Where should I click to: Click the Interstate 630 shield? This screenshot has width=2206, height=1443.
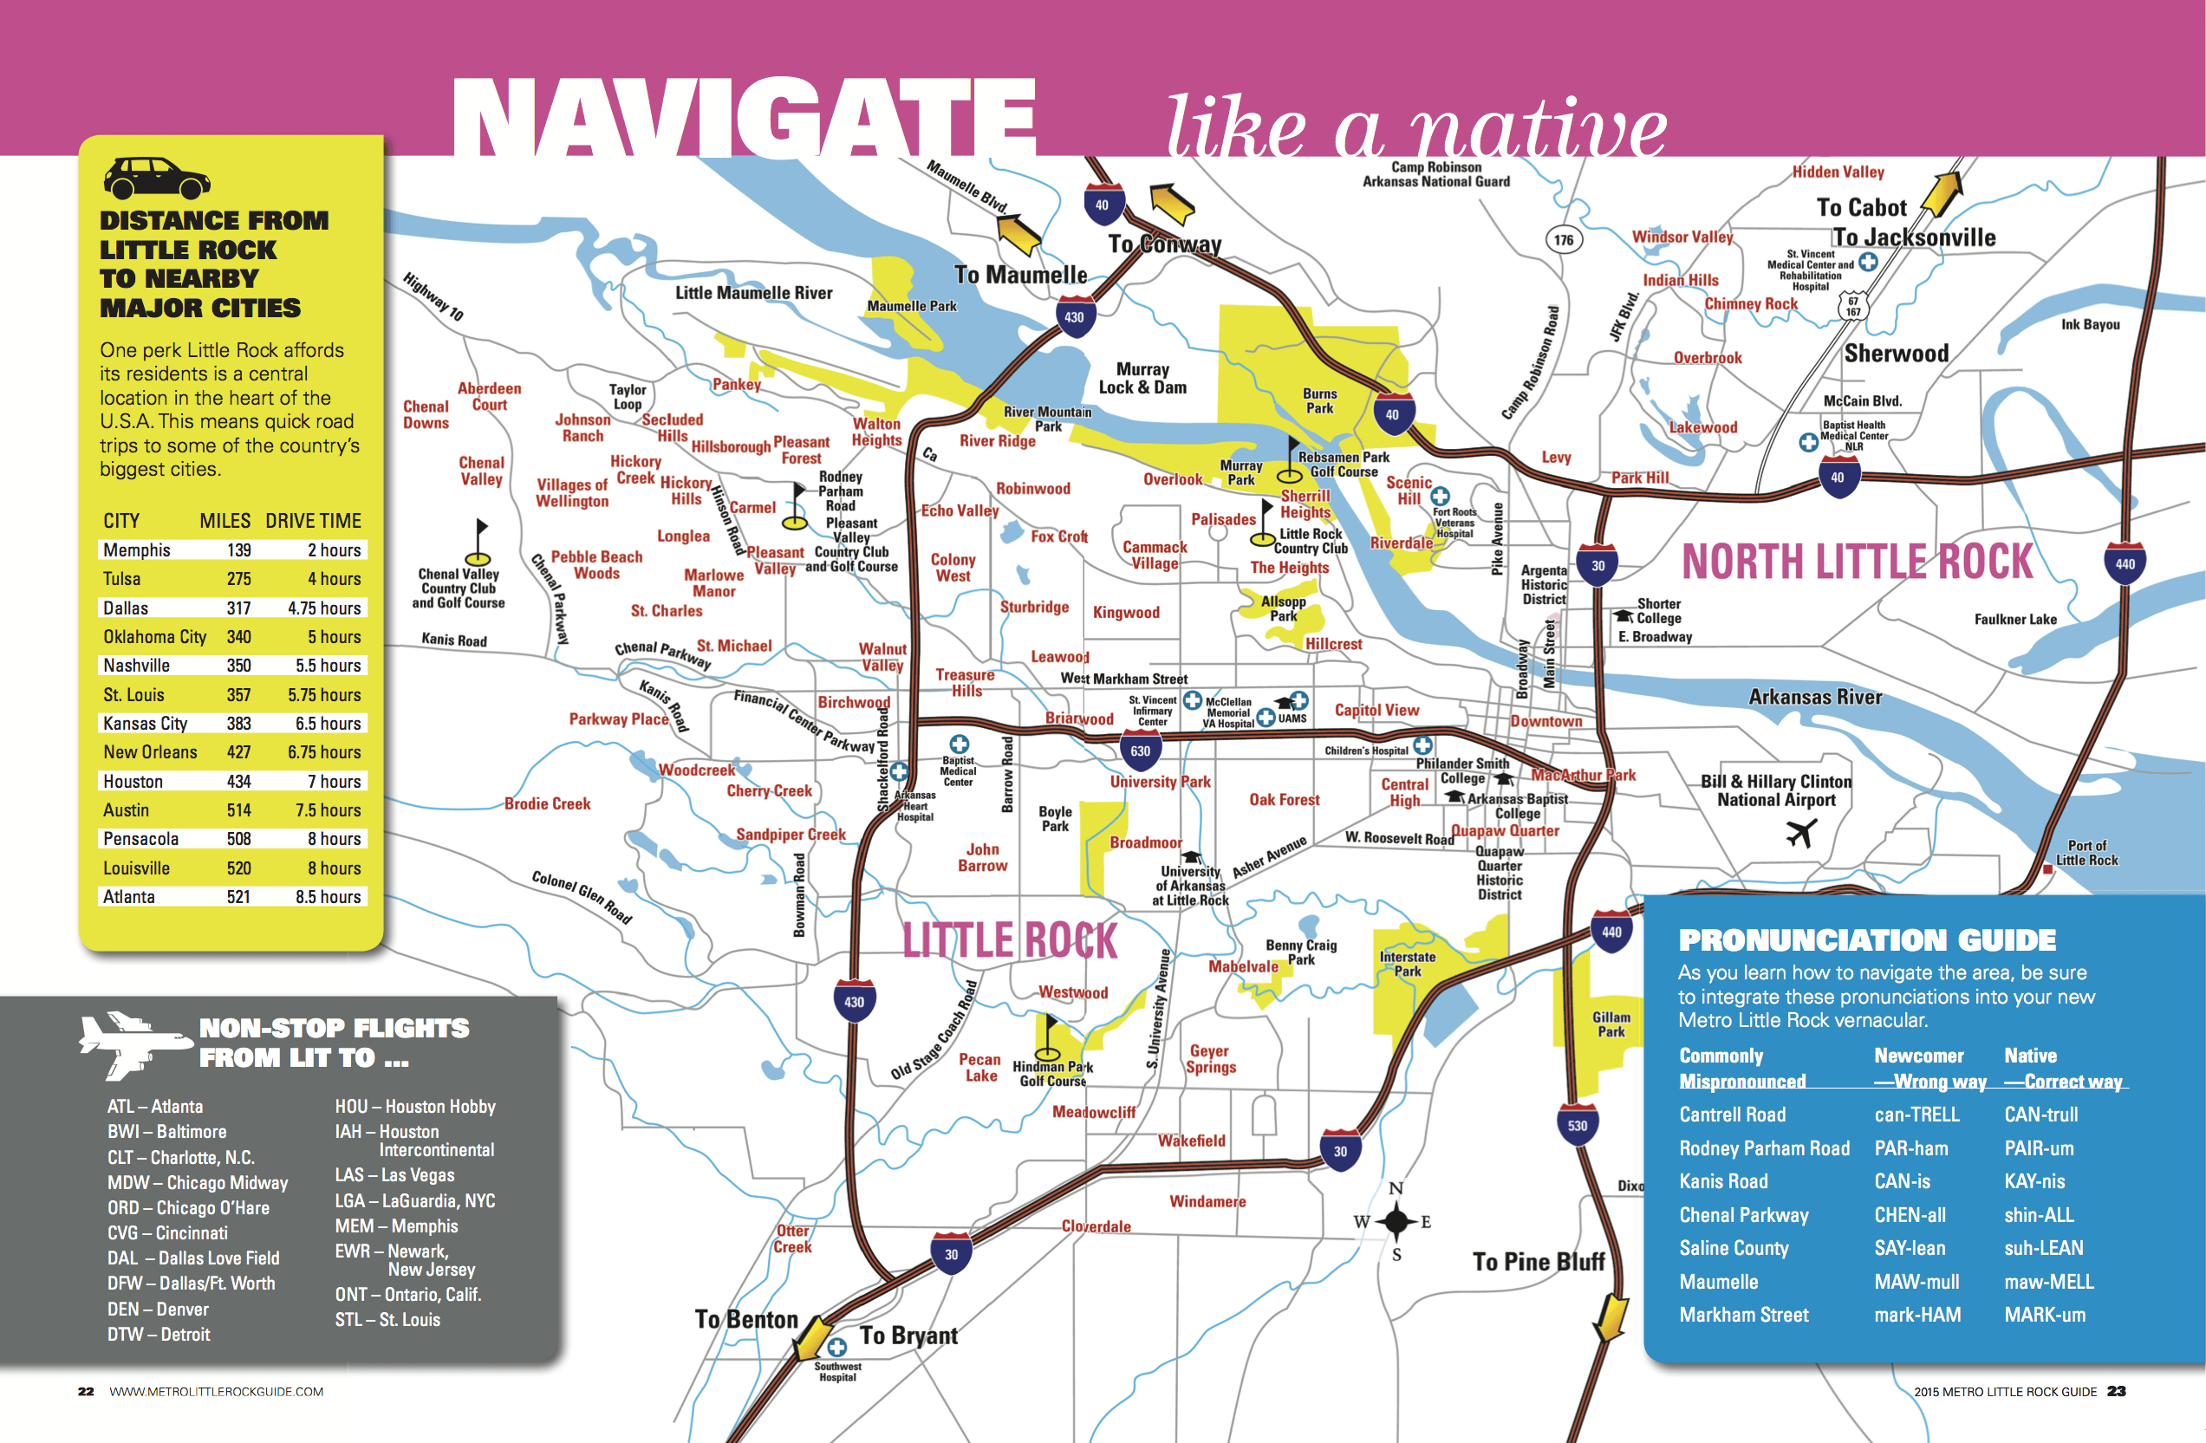pos(1140,750)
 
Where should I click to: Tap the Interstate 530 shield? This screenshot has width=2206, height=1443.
pos(1578,1124)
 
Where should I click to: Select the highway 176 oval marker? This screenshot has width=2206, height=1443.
pos(1564,240)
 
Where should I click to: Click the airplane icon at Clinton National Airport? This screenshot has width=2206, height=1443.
pos(1800,833)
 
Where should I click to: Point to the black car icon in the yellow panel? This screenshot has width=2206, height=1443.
pos(157,178)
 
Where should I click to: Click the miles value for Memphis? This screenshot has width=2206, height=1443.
pos(239,549)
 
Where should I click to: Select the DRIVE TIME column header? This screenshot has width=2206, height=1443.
pos(313,521)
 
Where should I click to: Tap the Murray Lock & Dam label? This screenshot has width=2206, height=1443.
pos(1142,378)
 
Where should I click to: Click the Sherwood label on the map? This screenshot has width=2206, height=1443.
pos(1896,353)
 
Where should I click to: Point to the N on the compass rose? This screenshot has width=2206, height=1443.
pos(1396,1188)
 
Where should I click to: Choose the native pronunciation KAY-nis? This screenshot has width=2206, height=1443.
pos(2034,1180)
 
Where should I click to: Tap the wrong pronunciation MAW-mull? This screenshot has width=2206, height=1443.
pos(1916,1282)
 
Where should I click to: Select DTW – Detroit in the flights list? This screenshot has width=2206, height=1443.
pos(159,1335)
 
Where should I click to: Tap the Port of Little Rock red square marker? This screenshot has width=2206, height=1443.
pos(2047,869)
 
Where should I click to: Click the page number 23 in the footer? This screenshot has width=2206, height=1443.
pos(2116,1391)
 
